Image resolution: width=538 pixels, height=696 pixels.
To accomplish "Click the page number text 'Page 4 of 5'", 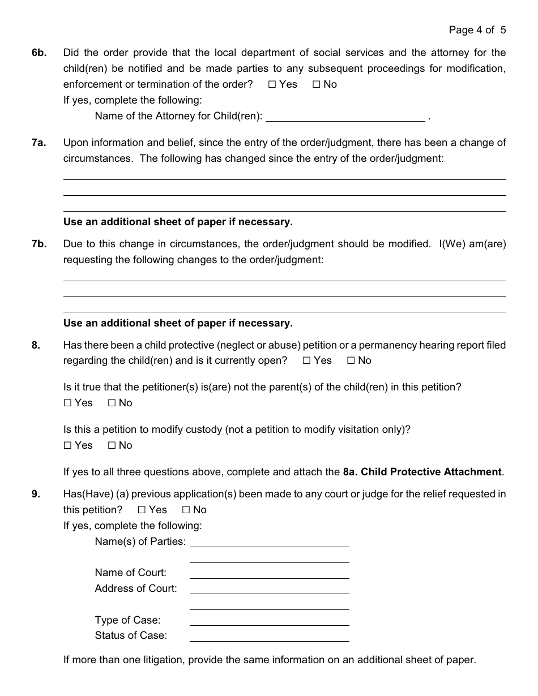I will [x=477, y=30].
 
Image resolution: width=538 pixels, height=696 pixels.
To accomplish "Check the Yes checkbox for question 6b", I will [x=272, y=84].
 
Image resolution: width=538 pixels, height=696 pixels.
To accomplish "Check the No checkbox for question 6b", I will [x=317, y=84].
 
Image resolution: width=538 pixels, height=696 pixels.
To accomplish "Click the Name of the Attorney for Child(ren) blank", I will [x=345, y=116].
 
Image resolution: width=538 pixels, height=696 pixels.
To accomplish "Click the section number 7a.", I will [x=39, y=143].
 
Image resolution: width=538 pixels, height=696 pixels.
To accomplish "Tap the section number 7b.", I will [x=39, y=244].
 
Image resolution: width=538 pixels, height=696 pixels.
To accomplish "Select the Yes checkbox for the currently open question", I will [x=307, y=360].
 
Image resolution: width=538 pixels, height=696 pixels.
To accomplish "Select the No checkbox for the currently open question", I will [x=351, y=360].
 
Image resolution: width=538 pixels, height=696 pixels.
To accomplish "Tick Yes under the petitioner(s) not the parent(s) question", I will [x=68, y=403].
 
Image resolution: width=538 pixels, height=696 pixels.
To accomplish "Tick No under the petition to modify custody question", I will [x=112, y=445].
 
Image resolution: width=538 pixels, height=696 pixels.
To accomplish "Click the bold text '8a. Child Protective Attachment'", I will [x=422, y=472].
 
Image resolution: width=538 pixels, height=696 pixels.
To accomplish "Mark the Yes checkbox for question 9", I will [x=142, y=510].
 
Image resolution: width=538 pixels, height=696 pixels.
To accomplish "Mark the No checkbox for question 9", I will [x=186, y=510].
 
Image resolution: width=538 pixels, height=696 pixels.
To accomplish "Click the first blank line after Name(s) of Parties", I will [x=269, y=542].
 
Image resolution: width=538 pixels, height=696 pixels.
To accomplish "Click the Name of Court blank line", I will [x=269, y=573].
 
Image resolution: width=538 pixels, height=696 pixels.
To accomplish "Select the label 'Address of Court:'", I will [x=136, y=588].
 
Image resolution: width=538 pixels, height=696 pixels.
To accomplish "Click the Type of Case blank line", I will [x=269, y=620].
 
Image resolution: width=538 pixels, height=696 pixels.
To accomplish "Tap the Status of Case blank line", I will [x=269, y=635].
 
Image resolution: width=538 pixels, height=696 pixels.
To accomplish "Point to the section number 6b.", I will [x=39, y=53].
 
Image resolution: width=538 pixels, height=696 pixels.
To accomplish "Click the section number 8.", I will [x=36, y=345].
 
